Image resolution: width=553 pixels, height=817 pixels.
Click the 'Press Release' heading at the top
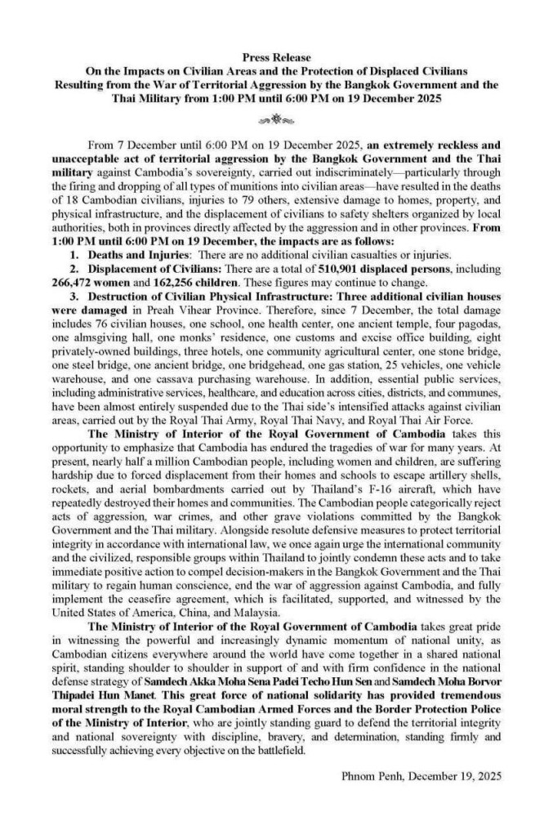[276, 57]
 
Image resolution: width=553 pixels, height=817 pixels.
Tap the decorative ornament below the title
[276, 118]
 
